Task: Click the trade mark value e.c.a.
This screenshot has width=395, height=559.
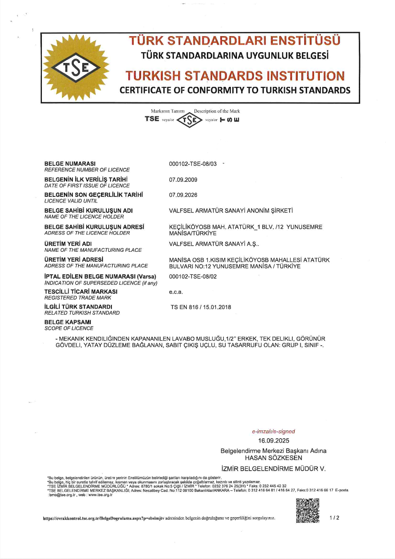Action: click(175, 292)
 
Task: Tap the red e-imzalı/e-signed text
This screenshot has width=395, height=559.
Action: click(273, 431)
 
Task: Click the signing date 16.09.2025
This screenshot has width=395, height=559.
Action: click(273, 441)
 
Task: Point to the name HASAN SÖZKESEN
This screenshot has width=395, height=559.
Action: click(273, 458)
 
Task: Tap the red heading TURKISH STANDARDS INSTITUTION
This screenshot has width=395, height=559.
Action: click(235, 75)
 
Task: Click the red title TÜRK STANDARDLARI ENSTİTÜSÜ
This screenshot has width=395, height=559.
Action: click(235, 41)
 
